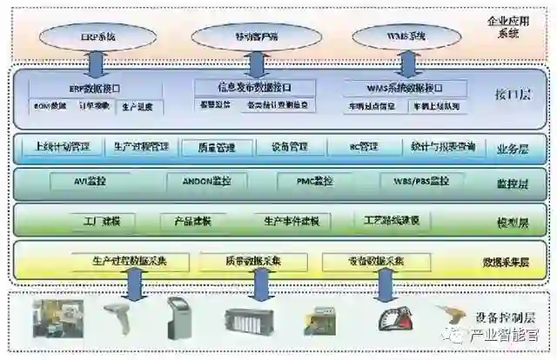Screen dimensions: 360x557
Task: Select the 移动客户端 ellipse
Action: [x=252, y=36]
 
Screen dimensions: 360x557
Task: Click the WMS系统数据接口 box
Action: [x=405, y=89]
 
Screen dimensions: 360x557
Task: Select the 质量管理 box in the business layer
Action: [x=218, y=147]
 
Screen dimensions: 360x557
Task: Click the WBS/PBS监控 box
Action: [x=415, y=182]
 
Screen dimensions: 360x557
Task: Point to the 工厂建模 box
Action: [x=103, y=221]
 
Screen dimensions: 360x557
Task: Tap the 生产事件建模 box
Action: [x=292, y=221]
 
